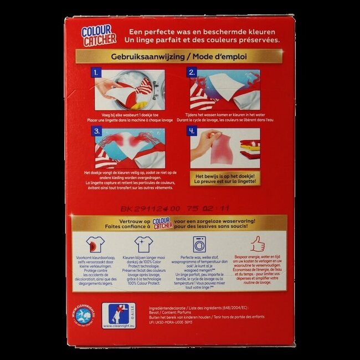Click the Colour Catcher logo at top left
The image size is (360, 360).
(x=99, y=34)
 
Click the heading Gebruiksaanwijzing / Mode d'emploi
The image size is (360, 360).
(x=179, y=57)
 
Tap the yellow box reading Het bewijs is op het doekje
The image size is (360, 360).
(x=225, y=177)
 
